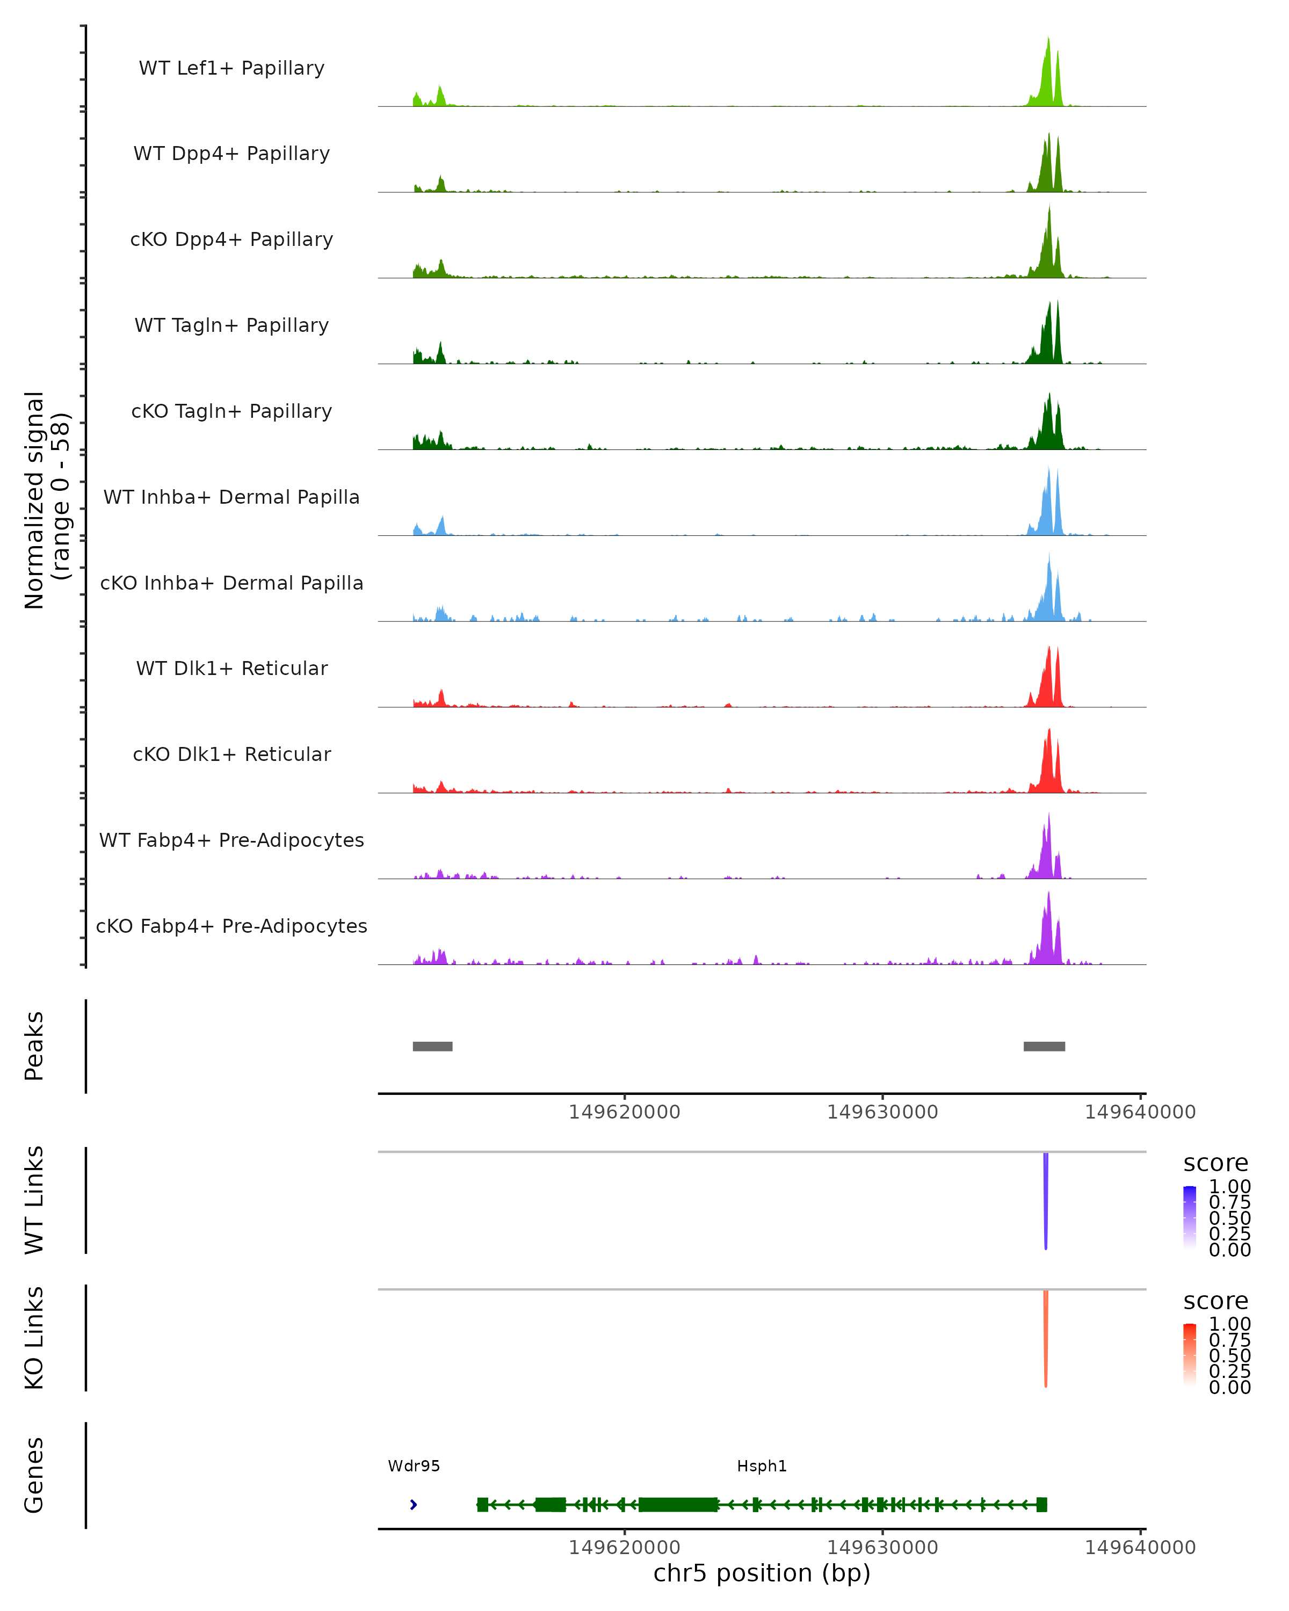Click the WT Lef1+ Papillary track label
pos(231,68)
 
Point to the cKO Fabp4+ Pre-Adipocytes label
pos(231,926)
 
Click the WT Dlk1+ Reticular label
pos(231,668)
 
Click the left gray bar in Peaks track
pos(433,1046)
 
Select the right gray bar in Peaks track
pos(1044,1046)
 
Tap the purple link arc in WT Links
pos(1045,1203)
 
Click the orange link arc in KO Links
pos(1045,1341)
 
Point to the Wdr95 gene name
pos(414,1466)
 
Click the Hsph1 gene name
pos(762,1466)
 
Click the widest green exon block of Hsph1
pos(678,1505)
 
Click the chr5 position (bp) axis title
pos(762,1573)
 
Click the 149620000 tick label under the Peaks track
pos(624,1112)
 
